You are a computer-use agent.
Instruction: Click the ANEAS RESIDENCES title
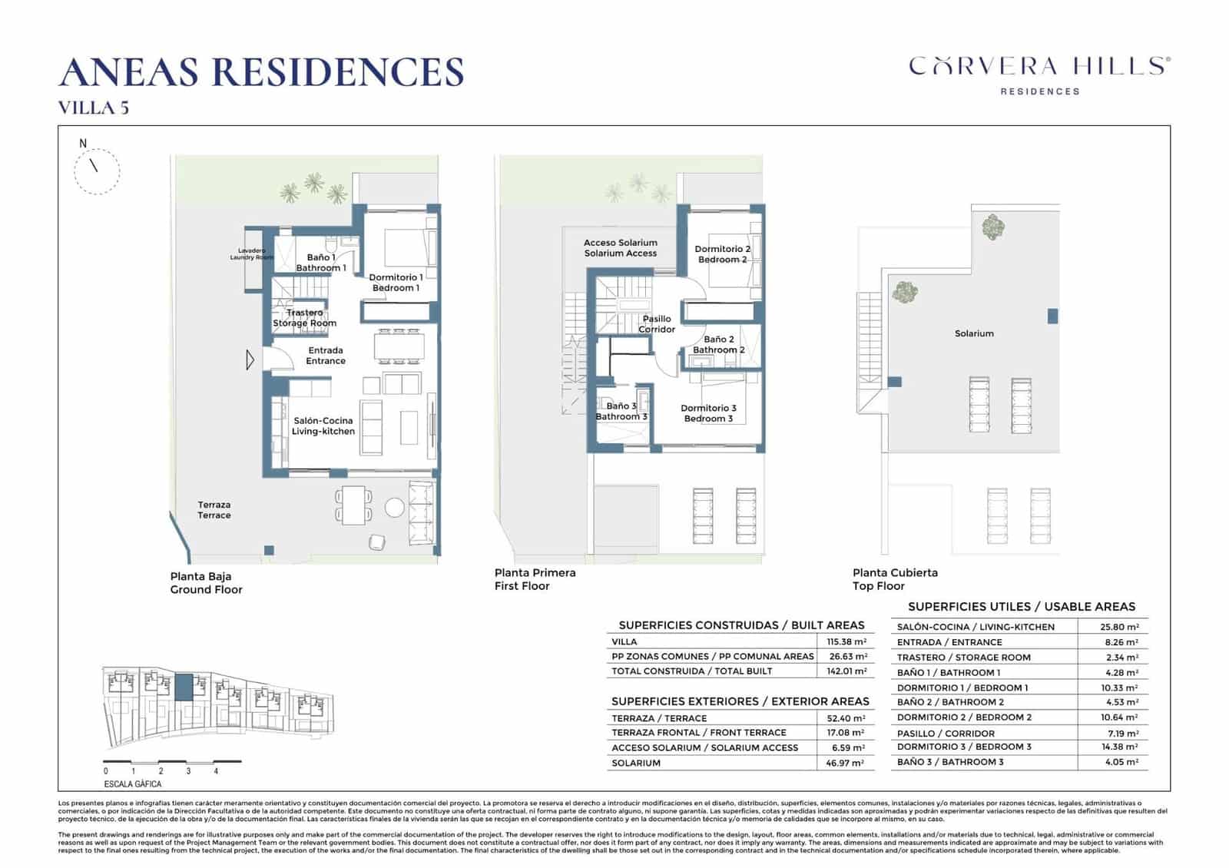pos(261,72)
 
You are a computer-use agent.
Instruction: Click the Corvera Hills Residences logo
pos(1039,75)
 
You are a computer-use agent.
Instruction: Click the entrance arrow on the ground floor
pos(250,359)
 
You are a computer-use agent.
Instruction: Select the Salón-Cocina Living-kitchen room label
pos(323,426)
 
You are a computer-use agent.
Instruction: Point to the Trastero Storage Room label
pos(305,318)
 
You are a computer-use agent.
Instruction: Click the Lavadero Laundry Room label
pos(252,254)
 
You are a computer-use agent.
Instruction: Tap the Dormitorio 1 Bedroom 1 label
pos(396,283)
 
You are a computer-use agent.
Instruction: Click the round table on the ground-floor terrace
pos(394,507)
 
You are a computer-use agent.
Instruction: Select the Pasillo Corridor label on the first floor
pos(657,324)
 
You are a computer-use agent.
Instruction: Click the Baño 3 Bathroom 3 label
pos(621,412)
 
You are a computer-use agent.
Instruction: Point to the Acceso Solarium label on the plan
pos(621,248)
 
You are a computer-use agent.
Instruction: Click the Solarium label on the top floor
pos(974,333)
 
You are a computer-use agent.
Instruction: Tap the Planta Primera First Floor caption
pos(535,579)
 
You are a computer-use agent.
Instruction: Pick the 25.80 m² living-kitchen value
pos(1119,628)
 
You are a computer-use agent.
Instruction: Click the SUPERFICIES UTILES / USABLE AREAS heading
pos(1021,607)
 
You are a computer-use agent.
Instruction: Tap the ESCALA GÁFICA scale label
pos(133,784)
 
